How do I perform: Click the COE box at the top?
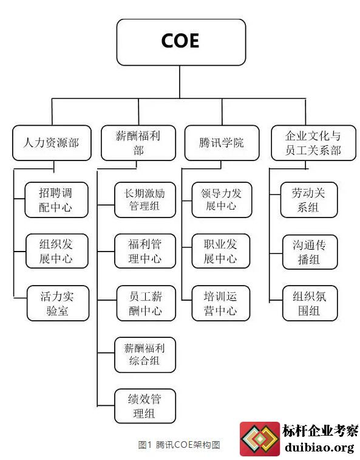(x=181, y=43)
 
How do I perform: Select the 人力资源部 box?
(x=52, y=143)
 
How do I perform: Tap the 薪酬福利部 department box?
(x=138, y=143)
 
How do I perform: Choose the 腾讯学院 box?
(x=222, y=143)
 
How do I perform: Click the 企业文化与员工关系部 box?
(x=313, y=143)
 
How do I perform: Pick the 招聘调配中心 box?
(x=56, y=200)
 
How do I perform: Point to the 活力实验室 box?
(x=58, y=303)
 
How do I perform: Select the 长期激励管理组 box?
(x=145, y=200)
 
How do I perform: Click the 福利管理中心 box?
(x=145, y=251)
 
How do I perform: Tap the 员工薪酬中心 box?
(x=146, y=303)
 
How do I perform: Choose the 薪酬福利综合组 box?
(x=145, y=355)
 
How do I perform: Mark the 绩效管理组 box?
(x=145, y=406)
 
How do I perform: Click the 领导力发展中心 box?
(x=222, y=200)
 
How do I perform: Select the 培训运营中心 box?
(x=221, y=303)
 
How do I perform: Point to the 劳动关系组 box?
(x=309, y=200)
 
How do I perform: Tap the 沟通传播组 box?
(x=310, y=252)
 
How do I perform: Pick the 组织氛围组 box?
(x=310, y=303)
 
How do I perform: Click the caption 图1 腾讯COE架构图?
(x=179, y=445)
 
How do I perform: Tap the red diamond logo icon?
(x=260, y=439)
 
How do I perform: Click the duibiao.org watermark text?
(x=319, y=448)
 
